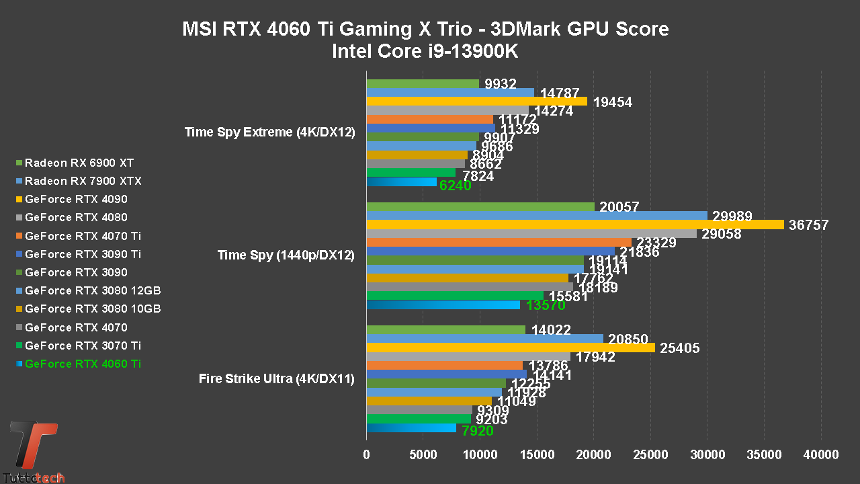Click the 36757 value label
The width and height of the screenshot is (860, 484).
coord(809,225)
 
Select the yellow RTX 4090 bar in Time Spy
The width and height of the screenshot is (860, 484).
coord(574,225)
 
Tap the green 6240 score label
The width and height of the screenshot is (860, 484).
coord(455,186)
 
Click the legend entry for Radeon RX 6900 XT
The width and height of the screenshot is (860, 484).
coord(79,163)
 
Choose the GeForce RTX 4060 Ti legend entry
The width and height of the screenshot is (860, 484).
coord(83,364)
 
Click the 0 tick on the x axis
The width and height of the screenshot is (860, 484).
coord(366,454)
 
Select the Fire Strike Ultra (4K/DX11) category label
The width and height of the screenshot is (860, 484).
coord(277,379)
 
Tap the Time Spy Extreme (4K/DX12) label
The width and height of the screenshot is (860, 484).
coord(269,132)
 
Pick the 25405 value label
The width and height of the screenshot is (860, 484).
coord(680,348)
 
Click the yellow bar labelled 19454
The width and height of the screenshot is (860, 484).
coord(476,102)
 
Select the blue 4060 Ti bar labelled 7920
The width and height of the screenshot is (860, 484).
coord(411,428)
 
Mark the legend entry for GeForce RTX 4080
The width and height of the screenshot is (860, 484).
coord(76,217)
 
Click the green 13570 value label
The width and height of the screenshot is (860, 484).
coord(545,305)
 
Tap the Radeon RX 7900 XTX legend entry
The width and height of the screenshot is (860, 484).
coord(83,181)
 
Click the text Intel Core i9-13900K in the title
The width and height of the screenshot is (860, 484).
coord(425,51)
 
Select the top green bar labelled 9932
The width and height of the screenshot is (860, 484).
coord(423,83)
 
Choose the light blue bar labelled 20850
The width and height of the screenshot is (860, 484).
coord(484,339)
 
